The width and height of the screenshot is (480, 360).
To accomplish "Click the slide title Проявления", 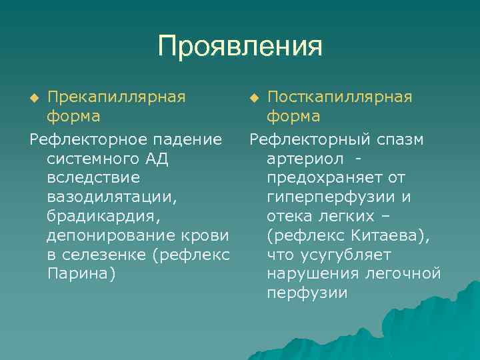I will (240, 47).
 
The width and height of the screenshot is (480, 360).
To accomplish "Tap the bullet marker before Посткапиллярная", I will (254, 99).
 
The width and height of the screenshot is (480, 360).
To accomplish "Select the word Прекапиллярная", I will (116, 97).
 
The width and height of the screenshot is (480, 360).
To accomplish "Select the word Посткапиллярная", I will (339, 97).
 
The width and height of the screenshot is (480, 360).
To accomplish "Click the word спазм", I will (398, 139).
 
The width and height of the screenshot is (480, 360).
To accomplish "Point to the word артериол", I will (305, 159).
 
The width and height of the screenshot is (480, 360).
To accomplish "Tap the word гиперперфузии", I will (332, 197).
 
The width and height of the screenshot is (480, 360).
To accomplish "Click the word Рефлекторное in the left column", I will (88, 139).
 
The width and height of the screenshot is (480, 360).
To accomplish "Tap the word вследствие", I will (93, 178).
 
